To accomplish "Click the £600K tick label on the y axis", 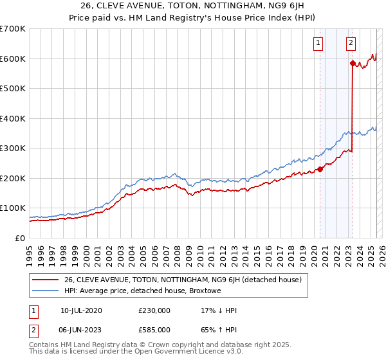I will click(x=12, y=59).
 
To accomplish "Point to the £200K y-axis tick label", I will click(x=12, y=178).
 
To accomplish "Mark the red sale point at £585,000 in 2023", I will click(x=353, y=63).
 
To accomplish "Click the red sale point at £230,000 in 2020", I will click(x=320, y=170).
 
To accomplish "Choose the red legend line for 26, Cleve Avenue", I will click(x=46, y=280).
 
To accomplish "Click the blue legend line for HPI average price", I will click(x=46, y=291).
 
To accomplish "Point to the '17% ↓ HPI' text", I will click(x=219, y=310).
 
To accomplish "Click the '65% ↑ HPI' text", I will click(x=219, y=328).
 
